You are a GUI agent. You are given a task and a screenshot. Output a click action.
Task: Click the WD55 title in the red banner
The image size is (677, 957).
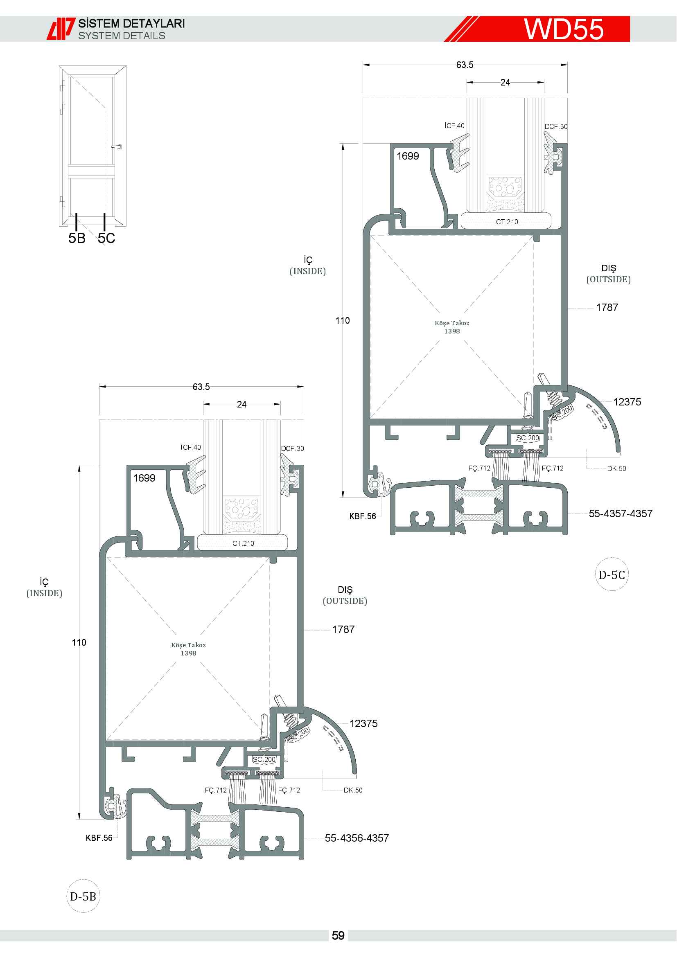click(564, 29)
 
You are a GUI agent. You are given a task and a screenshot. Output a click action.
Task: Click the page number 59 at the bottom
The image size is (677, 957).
click(338, 936)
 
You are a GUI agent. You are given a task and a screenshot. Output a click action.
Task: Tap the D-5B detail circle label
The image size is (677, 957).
click(83, 896)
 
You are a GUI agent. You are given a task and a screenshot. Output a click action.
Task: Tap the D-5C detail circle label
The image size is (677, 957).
click(612, 575)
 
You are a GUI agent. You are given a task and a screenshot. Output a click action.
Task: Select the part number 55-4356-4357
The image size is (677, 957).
click(357, 838)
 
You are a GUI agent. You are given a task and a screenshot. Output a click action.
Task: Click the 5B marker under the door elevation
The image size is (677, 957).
click(77, 238)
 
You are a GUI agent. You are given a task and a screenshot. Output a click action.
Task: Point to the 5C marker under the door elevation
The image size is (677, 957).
click(106, 238)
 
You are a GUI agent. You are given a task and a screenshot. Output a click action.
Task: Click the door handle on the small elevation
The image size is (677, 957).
click(117, 147)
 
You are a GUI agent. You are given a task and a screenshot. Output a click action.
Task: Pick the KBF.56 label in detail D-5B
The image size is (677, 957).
click(99, 838)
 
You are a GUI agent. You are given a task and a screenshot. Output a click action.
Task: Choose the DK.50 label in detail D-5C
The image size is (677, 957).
click(616, 468)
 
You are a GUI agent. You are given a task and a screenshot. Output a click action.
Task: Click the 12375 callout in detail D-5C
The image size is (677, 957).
click(627, 402)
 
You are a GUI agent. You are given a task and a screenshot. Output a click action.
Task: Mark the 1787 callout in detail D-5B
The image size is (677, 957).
click(343, 629)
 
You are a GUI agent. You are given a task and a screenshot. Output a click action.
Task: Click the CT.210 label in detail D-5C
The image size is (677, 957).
click(507, 222)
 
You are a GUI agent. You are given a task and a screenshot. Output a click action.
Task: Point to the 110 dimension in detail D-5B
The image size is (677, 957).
click(79, 642)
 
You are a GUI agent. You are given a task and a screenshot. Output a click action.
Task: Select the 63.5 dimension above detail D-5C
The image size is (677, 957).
click(465, 65)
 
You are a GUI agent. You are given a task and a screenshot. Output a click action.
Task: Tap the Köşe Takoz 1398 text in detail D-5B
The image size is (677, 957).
click(188, 649)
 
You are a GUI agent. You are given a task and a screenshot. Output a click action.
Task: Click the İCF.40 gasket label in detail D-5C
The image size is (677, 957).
click(454, 126)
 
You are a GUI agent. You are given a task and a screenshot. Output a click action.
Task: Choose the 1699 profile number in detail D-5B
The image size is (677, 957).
click(144, 478)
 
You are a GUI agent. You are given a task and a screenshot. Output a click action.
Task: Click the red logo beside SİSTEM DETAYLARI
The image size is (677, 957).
click(61, 29)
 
